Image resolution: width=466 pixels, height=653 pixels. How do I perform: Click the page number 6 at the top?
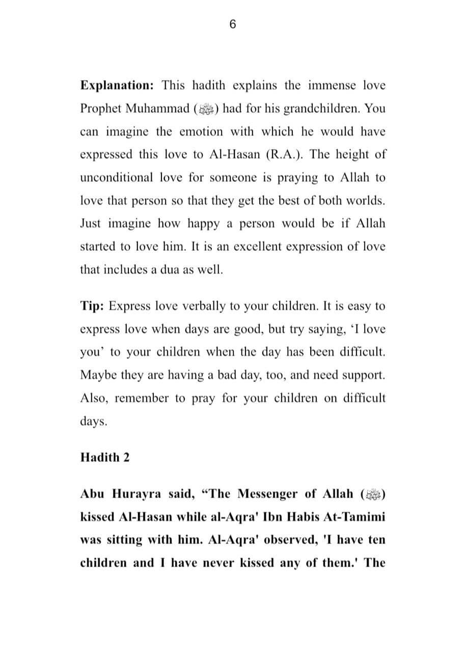pyautogui.click(x=233, y=25)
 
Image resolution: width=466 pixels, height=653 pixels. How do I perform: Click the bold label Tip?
pyautogui.click(x=92, y=306)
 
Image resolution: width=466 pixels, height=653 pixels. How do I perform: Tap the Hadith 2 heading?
pyautogui.click(x=105, y=457)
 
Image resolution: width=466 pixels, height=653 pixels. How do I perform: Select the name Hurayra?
pyautogui.click(x=132, y=494)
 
